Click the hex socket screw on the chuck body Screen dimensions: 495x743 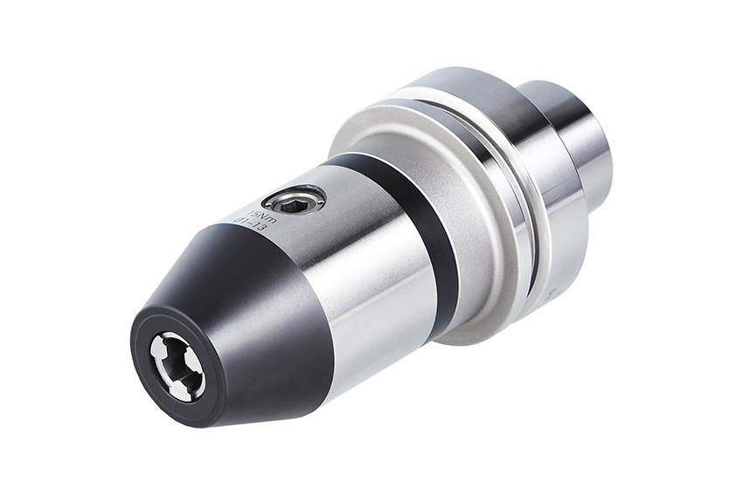point(295,202)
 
